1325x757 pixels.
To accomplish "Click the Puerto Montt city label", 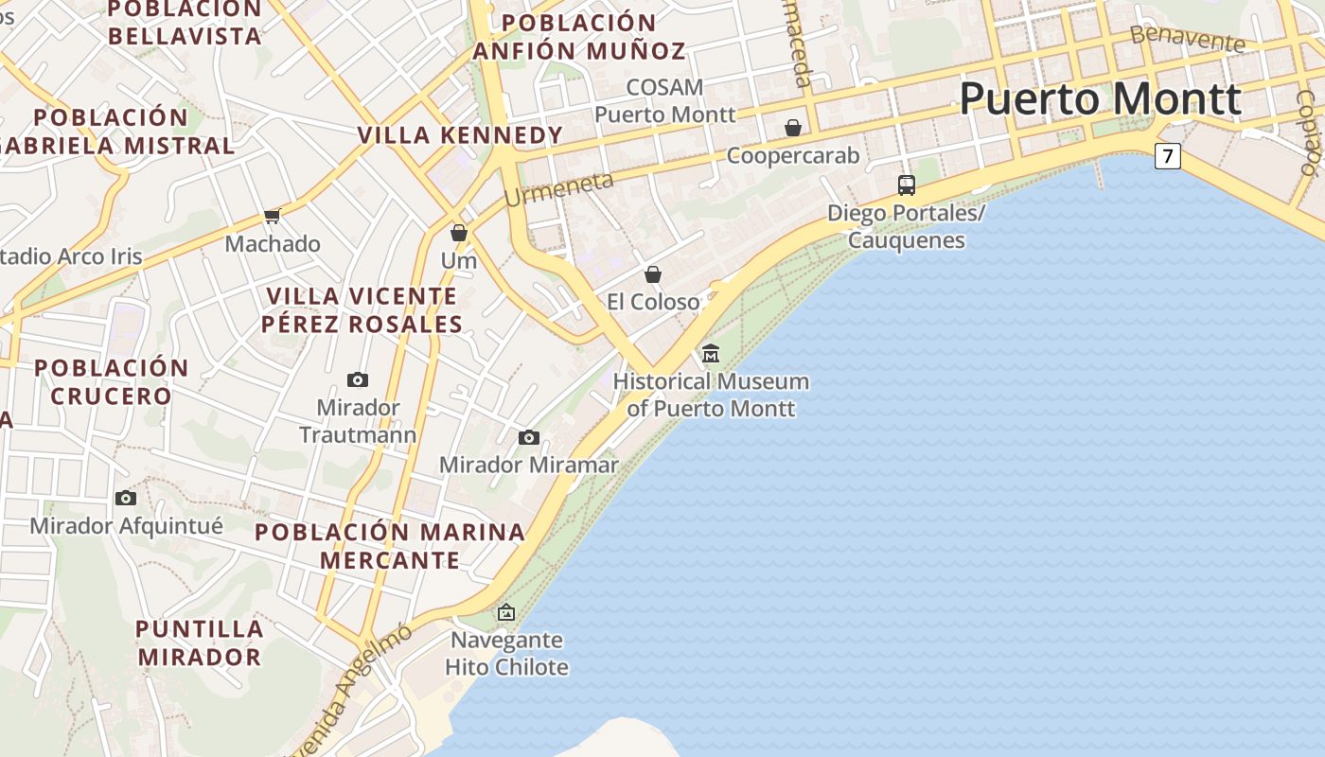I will coord(1100,99).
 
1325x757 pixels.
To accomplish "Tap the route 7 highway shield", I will coord(1168,156).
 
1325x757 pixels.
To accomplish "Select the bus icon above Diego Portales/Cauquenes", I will coord(906,185).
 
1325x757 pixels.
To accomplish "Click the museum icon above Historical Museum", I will coord(711,354).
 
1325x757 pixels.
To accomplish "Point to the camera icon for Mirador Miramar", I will coord(529,437).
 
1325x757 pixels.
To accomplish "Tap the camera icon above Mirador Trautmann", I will coord(358,380).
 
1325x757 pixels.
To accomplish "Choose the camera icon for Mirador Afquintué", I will coord(126,498).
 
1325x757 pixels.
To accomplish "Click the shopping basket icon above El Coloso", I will coord(653,274).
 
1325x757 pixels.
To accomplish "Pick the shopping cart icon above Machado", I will coord(273,216).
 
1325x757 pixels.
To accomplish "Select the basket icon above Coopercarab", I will coord(793,128).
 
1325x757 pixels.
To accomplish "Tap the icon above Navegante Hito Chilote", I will coord(506,612).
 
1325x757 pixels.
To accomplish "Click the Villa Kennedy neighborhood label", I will coord(460,135).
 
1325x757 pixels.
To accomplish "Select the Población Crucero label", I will coord(112,381).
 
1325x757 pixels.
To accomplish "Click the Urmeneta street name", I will coord(558,189).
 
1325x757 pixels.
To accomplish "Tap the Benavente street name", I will coord(1187,38).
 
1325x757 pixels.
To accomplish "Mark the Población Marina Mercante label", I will coord(389,546).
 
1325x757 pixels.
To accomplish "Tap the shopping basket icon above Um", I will coord(459,233).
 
